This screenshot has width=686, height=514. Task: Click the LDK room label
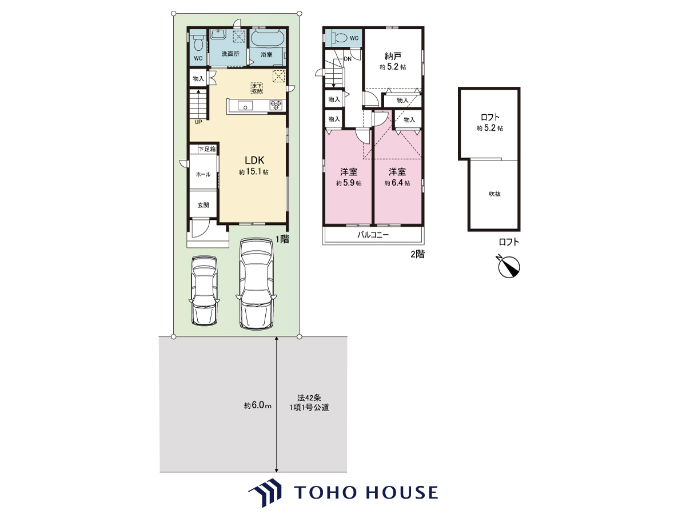(254, 160)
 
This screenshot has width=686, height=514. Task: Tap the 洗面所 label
(230, 54)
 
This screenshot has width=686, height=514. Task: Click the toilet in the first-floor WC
(198, 43)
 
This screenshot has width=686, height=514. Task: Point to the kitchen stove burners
(276, 105)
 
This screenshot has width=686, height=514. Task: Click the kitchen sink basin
(245, 106)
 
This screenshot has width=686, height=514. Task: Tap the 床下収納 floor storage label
(257, 88)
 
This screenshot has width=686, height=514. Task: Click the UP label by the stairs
(198, 122)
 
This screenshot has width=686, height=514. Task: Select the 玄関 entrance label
(203, 205)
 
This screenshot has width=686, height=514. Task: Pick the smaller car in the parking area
(205, 291)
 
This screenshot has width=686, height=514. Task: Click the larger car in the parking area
(256, 283)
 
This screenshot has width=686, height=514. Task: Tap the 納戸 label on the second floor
(393, 56)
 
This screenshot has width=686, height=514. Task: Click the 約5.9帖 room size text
(349, 183)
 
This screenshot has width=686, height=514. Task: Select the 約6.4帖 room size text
(397, 183)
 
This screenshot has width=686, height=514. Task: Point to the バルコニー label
(373, 235)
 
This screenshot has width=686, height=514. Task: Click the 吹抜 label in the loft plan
(494, 194)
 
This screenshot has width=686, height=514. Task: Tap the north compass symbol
(508, 266)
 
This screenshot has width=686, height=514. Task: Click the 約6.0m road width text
(258, 405)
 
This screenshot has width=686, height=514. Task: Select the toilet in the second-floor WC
(339, 38)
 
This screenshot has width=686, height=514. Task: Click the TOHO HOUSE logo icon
(265, 492)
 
